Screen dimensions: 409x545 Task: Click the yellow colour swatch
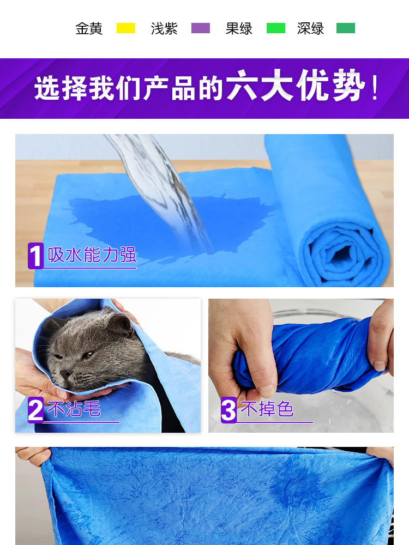125,28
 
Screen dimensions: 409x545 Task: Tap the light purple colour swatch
201,28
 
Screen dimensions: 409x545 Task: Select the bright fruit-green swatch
276,28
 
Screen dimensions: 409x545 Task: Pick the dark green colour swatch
346,28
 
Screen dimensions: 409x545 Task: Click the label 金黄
89,28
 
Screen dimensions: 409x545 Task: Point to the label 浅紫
164,28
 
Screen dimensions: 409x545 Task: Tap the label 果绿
239,28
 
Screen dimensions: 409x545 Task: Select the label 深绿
311,28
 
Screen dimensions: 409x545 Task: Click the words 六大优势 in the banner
295,86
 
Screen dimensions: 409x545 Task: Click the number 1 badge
35,256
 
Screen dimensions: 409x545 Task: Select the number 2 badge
35,410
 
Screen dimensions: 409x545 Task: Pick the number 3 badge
228,410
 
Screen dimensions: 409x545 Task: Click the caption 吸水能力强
92,255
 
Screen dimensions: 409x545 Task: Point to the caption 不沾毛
74,409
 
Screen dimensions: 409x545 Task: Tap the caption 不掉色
267,409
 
